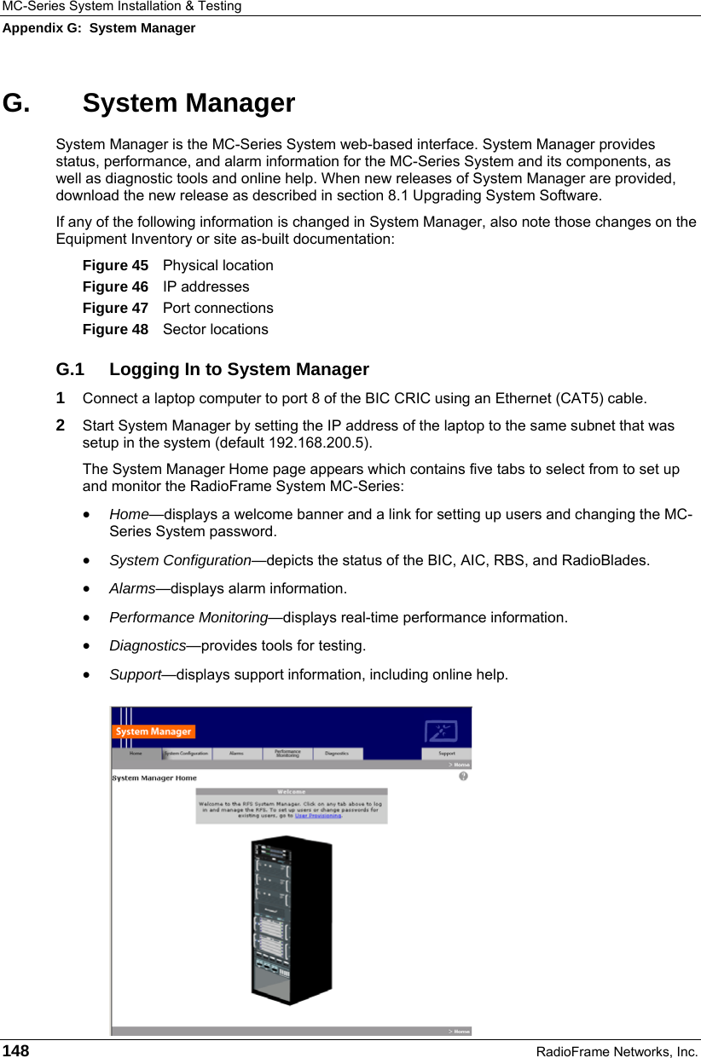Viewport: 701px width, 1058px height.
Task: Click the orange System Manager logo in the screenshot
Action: pyautogui.click(x=154, y=731)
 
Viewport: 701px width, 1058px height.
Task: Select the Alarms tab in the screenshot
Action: pyautogui.click(x=236, y=754)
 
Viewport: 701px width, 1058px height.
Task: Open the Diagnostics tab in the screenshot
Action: pyautogui.click(x=337, y=754)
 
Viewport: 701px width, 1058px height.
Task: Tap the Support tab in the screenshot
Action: pyautogui.click(x=446, y=754)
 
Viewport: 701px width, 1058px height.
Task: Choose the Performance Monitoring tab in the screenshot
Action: pyautogui.click(x=287, y=754)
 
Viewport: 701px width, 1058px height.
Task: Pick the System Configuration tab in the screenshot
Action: pyautogui.click(x=186, y=754)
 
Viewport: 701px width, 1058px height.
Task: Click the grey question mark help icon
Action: pyautogui.click(x=463, y=777)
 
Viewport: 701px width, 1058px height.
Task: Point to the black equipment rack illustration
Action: pyautogui.click(x=290, y=916)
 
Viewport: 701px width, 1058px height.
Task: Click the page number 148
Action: pyautogui.click(x=15, y=1050)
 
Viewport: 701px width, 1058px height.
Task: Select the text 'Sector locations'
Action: pyautogui.click(x=215, y=329)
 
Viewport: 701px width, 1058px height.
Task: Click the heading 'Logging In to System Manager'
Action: pyautogui.click(x=239, y=369)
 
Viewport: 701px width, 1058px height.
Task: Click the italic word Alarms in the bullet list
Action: pyautogui.click(x=132, y=588)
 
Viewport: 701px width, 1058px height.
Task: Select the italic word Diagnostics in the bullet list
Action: pyautogui.click(x=148, y=645)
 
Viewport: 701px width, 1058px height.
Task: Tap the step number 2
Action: pyautogui.click(x=61, y=425)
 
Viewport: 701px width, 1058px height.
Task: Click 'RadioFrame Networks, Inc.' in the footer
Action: pyautogui.click(x=617, y=1051)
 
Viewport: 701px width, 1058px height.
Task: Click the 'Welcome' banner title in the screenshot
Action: pyautogui.click(x=291, y=792)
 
